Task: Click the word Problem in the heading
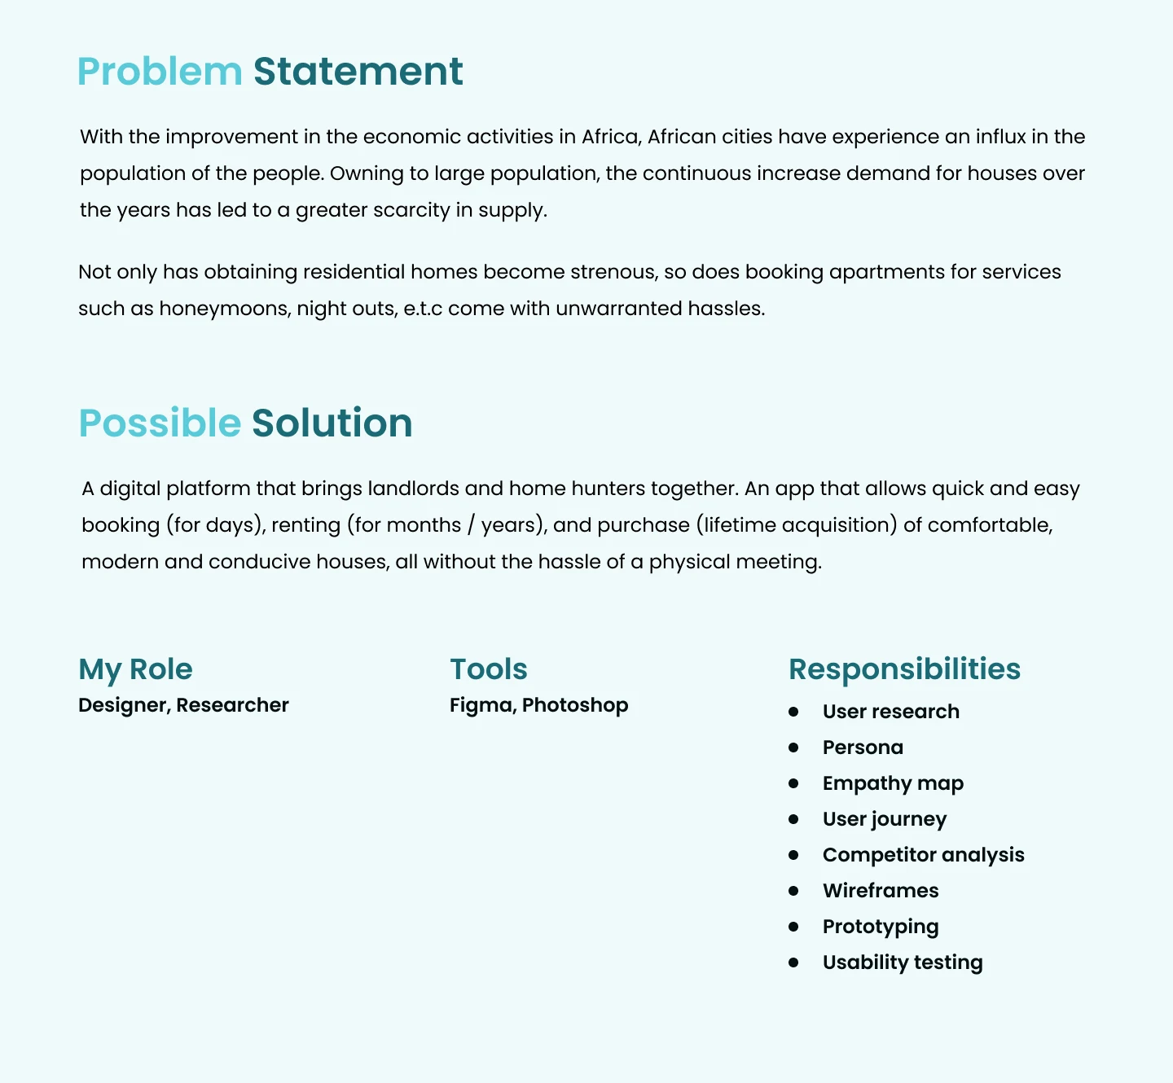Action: point(160,72)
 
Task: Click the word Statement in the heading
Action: point(358,72)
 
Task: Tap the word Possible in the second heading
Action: point(160,423)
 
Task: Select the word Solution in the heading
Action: point(332,423)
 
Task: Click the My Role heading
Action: point(135,669)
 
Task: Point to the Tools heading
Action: point(489,669)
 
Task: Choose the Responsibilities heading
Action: point(904,669)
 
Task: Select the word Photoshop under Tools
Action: point(575,705)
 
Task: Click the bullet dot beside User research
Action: point(793,712)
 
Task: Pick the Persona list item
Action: point(863,748)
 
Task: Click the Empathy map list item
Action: point(893,783)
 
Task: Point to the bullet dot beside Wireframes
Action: point(793,891)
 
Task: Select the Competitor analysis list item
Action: point(923,855)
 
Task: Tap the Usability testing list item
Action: point(903,962)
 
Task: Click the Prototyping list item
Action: point(881,927)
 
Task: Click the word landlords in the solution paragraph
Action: point(413,489)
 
